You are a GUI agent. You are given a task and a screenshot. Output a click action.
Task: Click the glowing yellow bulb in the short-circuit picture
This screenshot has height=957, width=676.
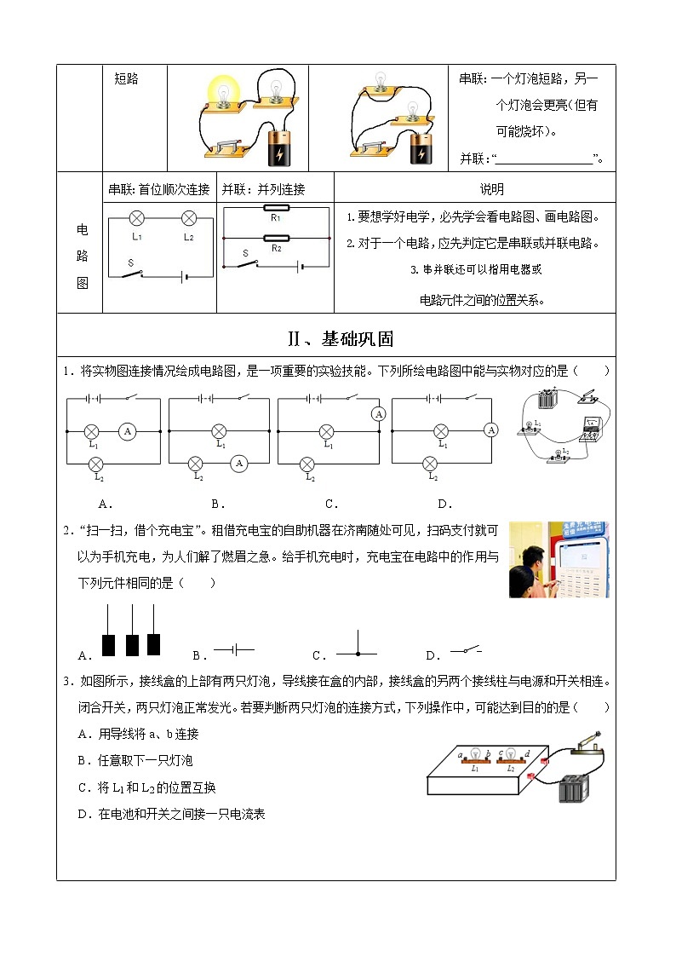223,89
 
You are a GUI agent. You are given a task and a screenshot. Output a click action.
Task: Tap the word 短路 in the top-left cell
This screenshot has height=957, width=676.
126,79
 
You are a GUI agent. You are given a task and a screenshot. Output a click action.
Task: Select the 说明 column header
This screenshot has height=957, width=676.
491,189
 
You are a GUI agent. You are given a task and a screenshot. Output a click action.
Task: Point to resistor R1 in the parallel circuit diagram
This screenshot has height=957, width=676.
276,207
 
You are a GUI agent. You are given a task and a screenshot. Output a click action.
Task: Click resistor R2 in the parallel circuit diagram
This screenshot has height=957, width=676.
276,239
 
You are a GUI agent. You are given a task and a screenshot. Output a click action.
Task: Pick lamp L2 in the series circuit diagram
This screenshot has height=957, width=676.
189,218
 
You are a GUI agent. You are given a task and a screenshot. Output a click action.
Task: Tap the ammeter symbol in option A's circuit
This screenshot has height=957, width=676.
127,431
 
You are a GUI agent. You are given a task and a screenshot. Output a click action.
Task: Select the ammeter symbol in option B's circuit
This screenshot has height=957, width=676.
239,463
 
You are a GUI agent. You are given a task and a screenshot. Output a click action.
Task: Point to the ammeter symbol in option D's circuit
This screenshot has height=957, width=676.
491,431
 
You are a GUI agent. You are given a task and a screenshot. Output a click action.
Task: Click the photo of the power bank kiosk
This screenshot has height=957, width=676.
558,561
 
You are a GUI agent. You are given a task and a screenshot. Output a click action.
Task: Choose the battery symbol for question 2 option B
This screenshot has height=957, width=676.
234,650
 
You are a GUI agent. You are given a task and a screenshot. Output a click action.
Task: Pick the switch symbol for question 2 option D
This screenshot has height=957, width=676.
466,651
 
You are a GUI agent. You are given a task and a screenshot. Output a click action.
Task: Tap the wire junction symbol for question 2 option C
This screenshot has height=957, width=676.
356,653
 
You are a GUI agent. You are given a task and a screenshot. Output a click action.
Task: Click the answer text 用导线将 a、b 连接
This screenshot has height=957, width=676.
149,734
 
